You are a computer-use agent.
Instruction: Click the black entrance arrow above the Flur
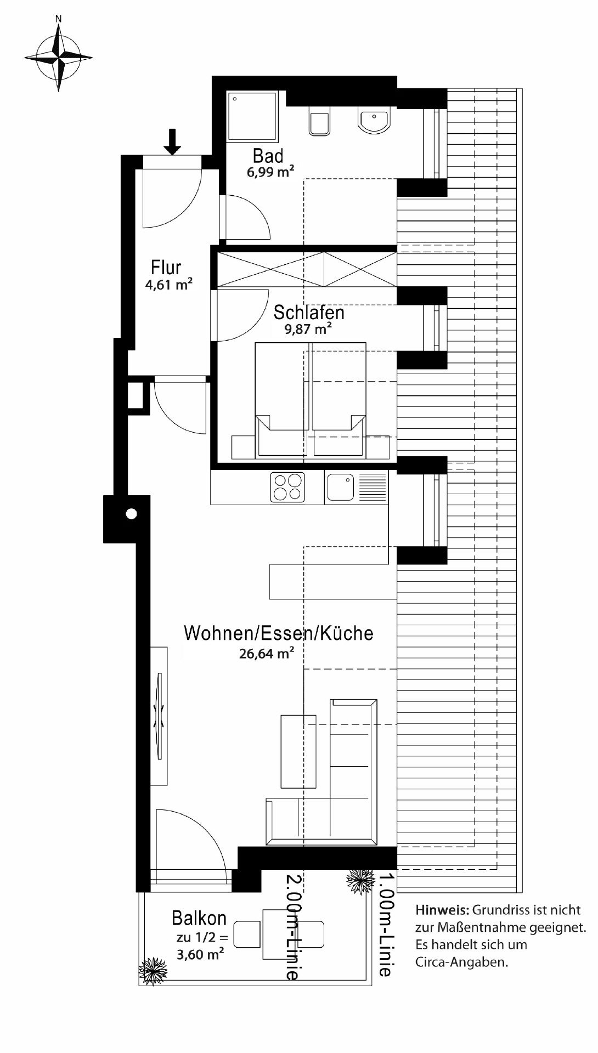click(x=173, y=141)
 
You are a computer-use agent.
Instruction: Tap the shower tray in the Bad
click(x=252, y=116)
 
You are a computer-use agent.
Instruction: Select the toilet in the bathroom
click(x=319, y=120)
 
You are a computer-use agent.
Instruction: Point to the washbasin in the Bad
click(x=375, y=119)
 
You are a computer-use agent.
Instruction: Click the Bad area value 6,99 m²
click(x=270, y=172)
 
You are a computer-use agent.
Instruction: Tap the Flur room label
click(x=166, y=268)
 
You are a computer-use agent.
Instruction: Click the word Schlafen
click(x=309, y=313)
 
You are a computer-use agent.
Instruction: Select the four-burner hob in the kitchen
click(x=288, y=486)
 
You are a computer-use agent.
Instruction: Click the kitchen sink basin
click(x=340, y=487)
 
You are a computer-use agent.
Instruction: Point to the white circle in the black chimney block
click(x=131, y=514)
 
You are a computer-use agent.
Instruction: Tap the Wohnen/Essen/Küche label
click(x=279, y=633)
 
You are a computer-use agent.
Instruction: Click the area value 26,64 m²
click(x=267, y=653)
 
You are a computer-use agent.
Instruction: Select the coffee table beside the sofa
click(x=298, y=751)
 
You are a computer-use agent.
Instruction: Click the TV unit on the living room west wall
click(x=160, y=716)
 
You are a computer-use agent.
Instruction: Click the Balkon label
click(x=199, y=918)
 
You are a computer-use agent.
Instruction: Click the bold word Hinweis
click(x=442, y=910)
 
